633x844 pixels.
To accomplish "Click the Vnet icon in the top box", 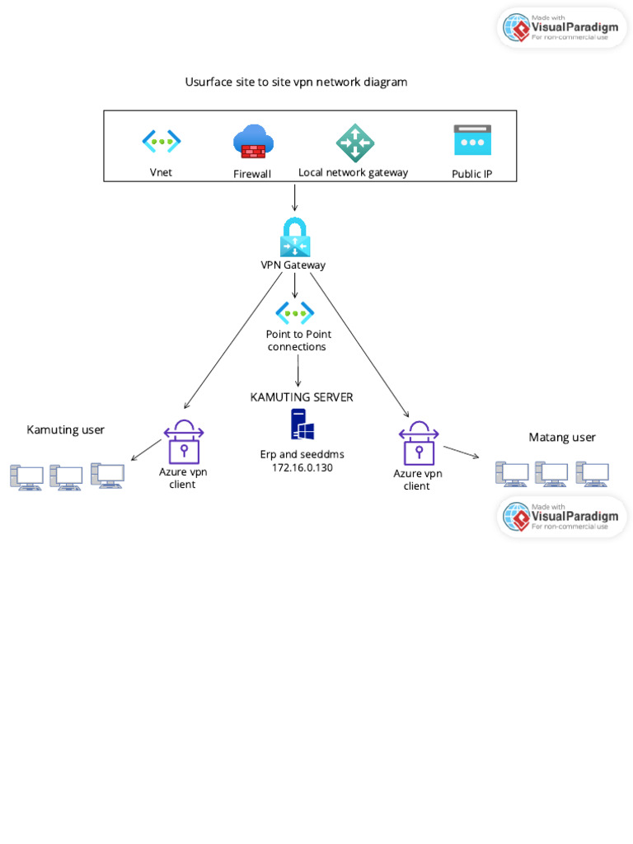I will click(x=162, y=141).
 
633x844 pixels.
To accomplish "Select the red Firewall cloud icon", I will click(x=253, y=141).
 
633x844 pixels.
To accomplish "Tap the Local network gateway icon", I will click(x=355, y=143).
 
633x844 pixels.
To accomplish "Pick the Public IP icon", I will click(x=472, y=140).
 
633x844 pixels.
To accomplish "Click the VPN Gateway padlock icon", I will click(x=294, y=237).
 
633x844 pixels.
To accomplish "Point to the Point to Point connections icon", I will click(x=295, y=312).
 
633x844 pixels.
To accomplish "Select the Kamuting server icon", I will click(x=302, y=424).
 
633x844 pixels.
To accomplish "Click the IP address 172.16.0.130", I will click(x=302, y=467).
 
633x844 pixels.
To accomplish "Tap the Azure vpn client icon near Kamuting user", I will click(x=183, y=442).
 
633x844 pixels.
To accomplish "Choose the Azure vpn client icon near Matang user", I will click(x=418, y=443).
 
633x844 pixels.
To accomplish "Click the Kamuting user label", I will click(x=66, y=429).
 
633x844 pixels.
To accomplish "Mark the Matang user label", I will click(x=562, y=437).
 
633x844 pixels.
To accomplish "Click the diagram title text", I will click(x=296, y=82).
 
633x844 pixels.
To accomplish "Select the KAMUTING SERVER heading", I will click(x=302, y=397).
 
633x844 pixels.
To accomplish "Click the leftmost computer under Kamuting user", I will click(x=26, y=477).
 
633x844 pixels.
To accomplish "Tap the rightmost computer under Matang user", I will click(x=592, y=474).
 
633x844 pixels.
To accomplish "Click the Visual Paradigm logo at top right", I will click(x=562, y=27).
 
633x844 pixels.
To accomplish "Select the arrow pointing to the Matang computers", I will click(x=461, y=452).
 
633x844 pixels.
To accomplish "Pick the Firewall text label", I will click(x=252, y=174).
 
